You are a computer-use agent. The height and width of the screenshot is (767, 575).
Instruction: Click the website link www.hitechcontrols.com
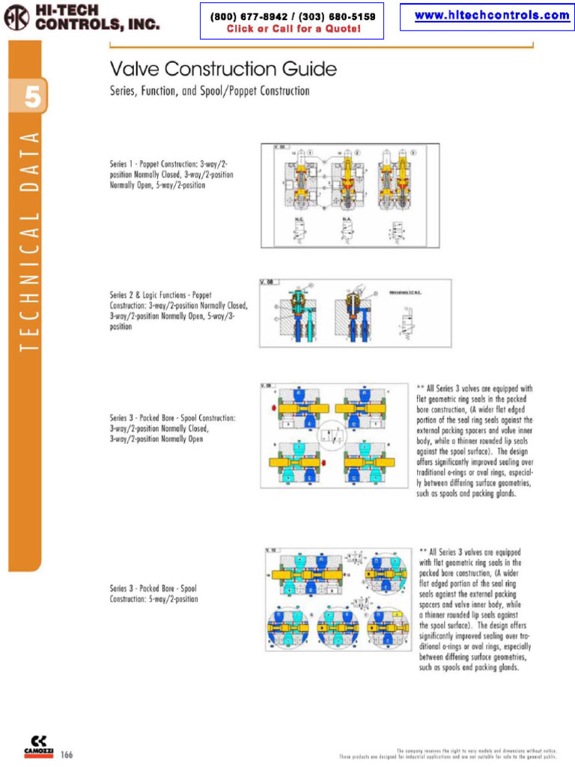point(491,16)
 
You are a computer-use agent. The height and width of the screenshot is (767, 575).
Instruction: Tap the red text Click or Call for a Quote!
point(293,29)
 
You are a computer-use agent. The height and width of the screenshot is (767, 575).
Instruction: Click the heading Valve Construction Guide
point(223,70)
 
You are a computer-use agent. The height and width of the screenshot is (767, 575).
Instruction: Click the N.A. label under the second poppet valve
point(347,219)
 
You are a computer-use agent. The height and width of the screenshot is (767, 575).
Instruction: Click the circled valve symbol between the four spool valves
point(330,434)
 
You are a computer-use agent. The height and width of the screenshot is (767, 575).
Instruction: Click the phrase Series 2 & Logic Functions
point(150,295)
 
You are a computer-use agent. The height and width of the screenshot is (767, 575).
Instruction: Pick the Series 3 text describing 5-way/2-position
point(153,593)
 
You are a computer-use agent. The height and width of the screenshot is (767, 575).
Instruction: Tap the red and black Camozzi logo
point(37,745)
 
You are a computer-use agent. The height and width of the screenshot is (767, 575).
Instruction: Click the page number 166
point(67,754)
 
